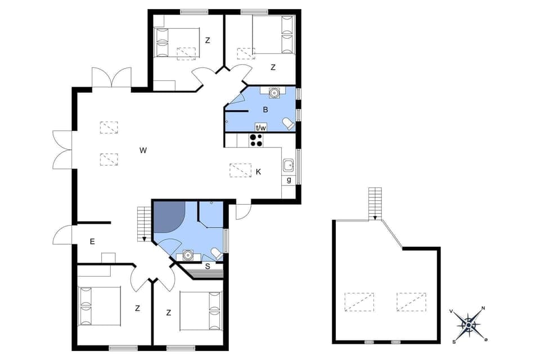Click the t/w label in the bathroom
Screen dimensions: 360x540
261,128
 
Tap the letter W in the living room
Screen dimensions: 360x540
143,150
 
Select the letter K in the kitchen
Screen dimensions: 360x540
258,172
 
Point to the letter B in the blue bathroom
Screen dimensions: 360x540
265,109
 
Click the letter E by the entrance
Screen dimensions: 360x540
92,241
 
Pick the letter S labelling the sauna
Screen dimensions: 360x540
208,265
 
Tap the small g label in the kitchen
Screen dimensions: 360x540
289,180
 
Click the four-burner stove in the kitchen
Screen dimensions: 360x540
256,140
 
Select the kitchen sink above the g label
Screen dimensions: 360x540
289,165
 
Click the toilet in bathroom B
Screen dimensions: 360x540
288,123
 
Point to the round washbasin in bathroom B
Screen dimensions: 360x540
274,93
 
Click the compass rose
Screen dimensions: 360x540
469,325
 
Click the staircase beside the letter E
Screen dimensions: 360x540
145,223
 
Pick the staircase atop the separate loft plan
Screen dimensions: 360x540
375,203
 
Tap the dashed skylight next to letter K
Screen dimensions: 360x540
241,170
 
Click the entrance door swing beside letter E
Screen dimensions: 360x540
64,235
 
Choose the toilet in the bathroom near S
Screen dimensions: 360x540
216,253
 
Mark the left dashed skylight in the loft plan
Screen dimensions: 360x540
359,301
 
